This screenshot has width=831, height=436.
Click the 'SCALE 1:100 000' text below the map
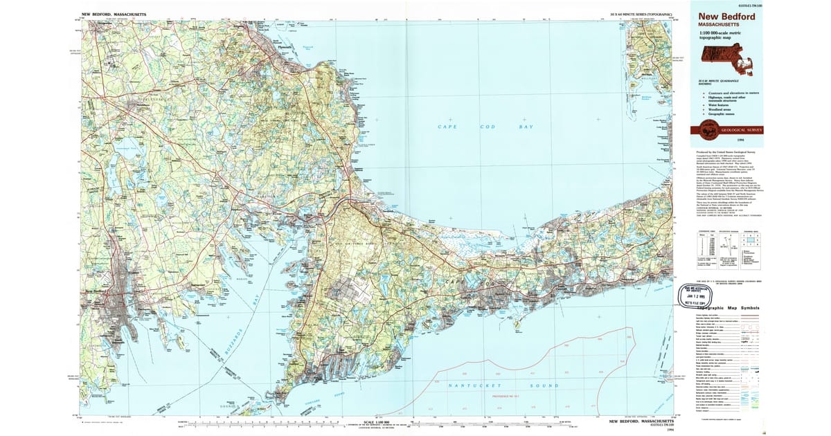coord(373,421)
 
